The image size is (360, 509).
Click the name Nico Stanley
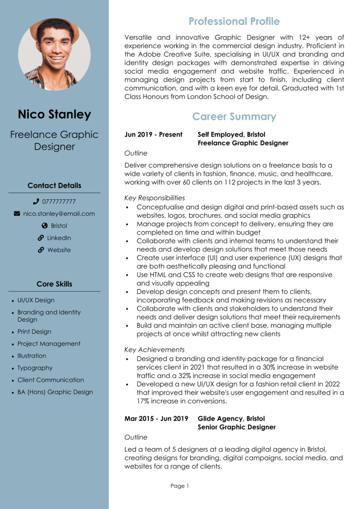click(x=54, y=114)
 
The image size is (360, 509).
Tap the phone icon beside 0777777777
click(x=36, y=201)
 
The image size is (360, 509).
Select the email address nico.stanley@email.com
click(x=59, y=213)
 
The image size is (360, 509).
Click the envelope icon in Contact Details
click(x=17, y=213)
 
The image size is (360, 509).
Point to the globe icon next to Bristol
click(x=45, y=225)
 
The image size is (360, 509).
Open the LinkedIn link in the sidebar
click(x=59, y=237)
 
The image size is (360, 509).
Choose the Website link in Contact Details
click(x=59, y=250)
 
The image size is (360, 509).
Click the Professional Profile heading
click(x=234, y=21)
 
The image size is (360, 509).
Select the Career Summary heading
click(x=234, y=117)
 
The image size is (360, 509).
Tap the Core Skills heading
click(x=54, y=284)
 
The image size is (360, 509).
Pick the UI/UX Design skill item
click(x=36, y=300)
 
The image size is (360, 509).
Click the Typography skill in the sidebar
click(x=35, y=368)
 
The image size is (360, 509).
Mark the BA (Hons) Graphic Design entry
click(x=55, y=392)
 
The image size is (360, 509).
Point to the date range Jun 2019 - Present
click(x=153, y=135)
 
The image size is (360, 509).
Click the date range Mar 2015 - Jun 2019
click(x=156, y=419)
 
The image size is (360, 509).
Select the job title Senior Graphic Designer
click(x=237, y=427)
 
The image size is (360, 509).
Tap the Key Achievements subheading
click(x=154, y=350)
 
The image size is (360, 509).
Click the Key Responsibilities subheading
click(x=155, y=198)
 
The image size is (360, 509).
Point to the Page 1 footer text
click(x=180, y=486)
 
